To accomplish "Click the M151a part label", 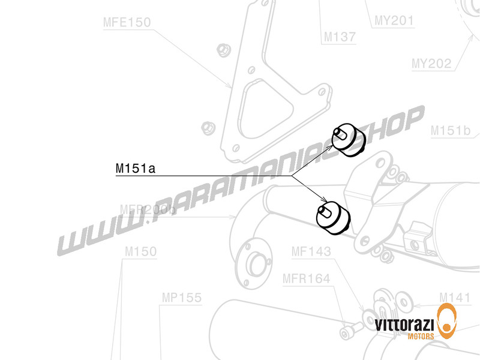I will tap(136, 169).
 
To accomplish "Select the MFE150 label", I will tap(127, 23).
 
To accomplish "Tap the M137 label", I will tap(340, 37).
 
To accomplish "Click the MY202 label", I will tap(431, 63).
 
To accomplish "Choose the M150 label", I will tap(140, 251).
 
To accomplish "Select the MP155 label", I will tap(181, 297).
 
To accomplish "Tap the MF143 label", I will tap(311, 251).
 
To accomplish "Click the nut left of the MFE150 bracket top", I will tap(224, 47).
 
